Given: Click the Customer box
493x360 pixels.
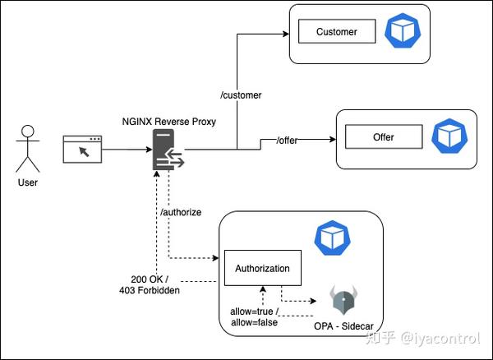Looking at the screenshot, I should point(337,32).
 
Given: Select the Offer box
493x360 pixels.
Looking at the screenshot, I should point(384,136).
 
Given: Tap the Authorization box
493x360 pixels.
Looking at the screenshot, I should point(263,268).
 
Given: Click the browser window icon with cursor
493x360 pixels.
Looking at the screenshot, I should point(83,149).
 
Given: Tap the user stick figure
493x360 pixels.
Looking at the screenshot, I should point(28,148).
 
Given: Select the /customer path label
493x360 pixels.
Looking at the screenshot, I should point(241,95).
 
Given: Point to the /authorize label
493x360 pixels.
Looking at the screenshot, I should point(181,212).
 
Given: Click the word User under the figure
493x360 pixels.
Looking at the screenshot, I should point(27,182).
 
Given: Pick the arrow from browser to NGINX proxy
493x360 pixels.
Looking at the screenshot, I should point(127,150).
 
